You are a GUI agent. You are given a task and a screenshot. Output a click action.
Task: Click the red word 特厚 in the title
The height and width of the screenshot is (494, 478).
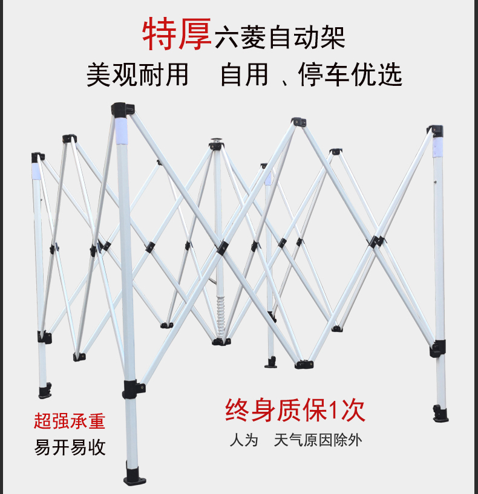(177, 34)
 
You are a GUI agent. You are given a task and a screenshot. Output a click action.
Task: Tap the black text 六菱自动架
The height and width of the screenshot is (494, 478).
(280, 37)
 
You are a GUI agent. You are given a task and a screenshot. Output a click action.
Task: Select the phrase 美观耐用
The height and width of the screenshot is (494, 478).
(138, 75)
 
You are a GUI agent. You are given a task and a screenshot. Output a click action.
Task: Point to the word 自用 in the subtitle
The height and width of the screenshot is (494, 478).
(244, 75)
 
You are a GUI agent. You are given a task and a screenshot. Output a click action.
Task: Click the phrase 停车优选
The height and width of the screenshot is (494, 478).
(350, 75)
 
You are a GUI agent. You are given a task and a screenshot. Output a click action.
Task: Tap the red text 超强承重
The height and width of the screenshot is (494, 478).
(70, 421)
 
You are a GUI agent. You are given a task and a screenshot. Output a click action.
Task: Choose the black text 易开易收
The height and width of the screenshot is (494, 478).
(70, 447)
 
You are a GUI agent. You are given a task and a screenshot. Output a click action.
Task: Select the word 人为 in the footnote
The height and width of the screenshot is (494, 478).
(244, 440)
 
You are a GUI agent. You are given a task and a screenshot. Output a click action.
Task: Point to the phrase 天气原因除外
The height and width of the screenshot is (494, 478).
(318, 440)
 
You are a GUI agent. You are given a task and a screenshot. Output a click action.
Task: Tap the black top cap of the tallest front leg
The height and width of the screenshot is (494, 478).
(119, 111)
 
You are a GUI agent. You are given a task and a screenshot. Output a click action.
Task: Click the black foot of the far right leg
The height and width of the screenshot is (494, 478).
(440, 414)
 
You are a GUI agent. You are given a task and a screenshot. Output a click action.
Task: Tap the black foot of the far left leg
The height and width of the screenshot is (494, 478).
(45, 391)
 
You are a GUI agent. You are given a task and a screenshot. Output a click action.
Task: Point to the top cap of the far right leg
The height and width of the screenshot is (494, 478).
(435, 130)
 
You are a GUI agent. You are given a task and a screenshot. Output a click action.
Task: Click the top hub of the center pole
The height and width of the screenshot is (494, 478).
(216, 144)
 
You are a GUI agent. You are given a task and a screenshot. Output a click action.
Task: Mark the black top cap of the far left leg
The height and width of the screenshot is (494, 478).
(38, 157)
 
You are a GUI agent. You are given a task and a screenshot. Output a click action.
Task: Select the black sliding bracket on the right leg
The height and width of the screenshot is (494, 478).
(439, 349)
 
